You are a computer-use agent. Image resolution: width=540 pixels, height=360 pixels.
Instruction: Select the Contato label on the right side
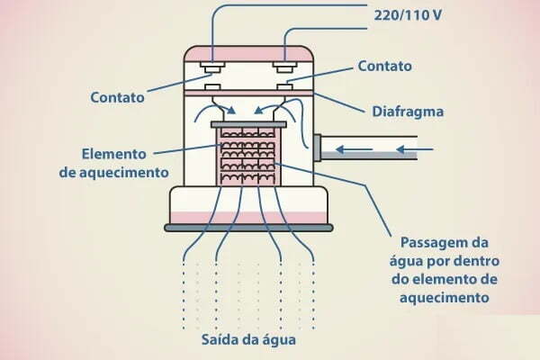click(x=384, y=66)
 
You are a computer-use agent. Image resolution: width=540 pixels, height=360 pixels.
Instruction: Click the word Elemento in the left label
click(x=114, y=152)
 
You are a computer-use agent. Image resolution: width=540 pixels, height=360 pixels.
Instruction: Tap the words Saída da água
click(x=248, y=342)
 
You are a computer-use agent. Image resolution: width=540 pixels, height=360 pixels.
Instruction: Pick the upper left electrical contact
click(x=213, y=67)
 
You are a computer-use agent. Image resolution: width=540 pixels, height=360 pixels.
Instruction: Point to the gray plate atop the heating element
click(x=247, y=123)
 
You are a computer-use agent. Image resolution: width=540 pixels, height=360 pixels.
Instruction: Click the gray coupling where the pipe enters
click(x=318, y=150)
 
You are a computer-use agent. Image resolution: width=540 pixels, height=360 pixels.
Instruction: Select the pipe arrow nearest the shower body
click(x=355, y=149)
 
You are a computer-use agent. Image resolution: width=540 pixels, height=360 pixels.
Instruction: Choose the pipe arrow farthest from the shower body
click(x=413, y=149)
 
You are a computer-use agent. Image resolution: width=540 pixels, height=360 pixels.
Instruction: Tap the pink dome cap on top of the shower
click(x=247, y=51)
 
